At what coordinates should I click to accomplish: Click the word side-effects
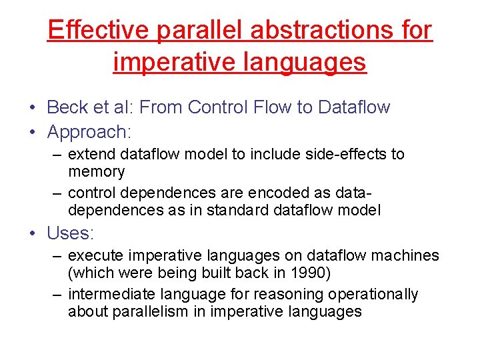coord(351,154)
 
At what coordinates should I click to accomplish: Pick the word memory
coord(96,171)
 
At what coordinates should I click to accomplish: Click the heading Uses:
coord(71,233)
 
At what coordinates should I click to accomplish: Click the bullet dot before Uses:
coord(33,234)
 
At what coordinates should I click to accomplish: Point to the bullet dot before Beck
coord(33,107)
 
